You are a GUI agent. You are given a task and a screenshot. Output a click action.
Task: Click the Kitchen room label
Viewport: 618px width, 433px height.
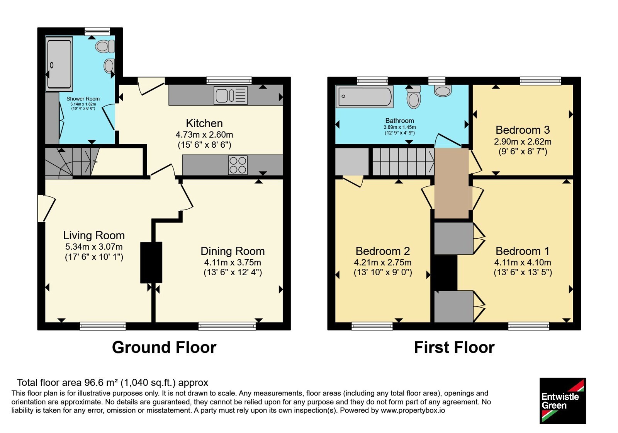point(204,123)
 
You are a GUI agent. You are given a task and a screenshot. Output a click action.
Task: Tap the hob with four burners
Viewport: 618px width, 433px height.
point(238,165)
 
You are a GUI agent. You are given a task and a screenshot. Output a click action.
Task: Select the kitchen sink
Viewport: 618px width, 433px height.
point(230,95)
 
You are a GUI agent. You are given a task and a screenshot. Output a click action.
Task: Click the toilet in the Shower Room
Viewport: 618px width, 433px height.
point(105,46)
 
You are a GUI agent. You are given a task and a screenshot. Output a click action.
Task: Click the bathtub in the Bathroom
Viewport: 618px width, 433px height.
point(365,96)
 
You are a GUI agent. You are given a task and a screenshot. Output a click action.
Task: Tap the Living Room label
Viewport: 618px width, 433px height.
point(94,235)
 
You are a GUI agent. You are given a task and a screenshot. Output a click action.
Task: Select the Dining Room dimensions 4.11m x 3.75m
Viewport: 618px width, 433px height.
point(233,262)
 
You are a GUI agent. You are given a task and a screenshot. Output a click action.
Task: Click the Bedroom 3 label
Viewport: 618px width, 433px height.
point(523,130)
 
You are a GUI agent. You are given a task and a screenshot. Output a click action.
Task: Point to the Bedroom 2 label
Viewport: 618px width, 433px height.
point(383,251)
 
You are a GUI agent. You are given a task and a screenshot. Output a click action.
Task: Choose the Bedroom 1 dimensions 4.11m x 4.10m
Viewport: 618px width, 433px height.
point(523,262)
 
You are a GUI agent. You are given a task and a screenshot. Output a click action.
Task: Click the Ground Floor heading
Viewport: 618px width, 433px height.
point(164,347)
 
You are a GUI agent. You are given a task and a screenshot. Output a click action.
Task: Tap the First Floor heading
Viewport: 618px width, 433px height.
point(454,347)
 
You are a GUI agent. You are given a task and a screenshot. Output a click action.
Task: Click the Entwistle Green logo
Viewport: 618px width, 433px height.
point(562,401)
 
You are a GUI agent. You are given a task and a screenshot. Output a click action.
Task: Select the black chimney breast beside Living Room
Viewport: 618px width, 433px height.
point(151,263)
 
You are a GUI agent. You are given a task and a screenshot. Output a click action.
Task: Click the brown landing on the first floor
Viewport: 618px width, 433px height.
point(452,183)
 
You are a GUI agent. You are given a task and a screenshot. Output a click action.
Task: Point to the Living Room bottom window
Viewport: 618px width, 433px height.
point(103,326)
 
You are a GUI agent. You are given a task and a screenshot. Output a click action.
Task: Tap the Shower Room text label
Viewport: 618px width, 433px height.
point(83,99)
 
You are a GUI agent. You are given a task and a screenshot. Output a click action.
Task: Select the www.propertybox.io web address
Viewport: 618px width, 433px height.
point(413,410)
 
